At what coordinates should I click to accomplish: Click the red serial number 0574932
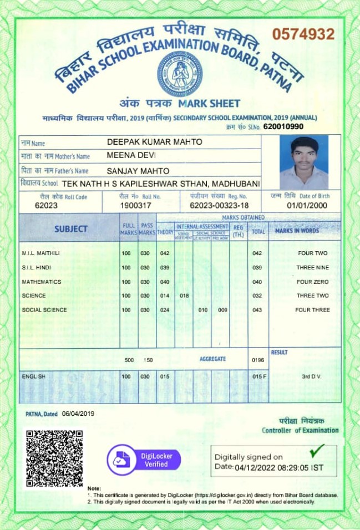tap(303, 34)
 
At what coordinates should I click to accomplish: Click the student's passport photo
tap(303, 163)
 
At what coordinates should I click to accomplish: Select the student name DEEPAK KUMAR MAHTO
tap(154, 142)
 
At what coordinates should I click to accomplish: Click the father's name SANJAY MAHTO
tap(138, 171)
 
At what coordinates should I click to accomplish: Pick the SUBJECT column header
tap(70, 228)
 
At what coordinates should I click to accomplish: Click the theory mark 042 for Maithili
tap(164, 253)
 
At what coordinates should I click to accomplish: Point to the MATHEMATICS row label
tap(42, 282)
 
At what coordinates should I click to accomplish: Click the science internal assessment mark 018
tap(185, 296)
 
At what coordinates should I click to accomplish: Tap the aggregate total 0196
tap(258, 360)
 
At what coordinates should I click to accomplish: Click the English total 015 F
tap(259, 377)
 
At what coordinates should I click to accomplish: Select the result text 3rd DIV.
tap(312, 377)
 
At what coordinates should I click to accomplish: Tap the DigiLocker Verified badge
tap(144, 460)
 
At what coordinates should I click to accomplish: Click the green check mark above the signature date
tap(317, 449)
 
